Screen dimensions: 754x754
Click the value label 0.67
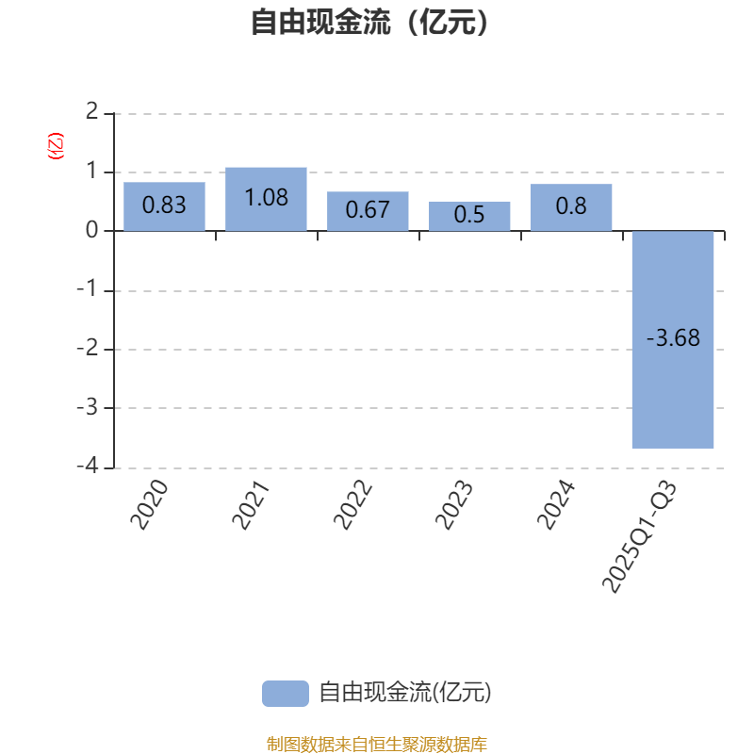click(368, 210)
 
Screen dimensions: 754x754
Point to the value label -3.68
click(673, 338)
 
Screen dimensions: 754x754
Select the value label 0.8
click(571, 205)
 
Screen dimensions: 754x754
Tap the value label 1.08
click(266, 198)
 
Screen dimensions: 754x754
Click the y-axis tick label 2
click(91, 113)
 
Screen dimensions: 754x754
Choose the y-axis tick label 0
click(91, 231)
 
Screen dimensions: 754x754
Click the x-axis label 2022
click(354, 505)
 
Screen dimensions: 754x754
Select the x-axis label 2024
click(557, 505)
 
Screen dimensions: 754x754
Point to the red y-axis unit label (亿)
click(56, 146)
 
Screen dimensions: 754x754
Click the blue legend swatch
click(285, 694)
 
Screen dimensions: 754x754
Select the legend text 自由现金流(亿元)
click(405, 694)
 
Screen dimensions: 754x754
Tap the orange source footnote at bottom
click(376, 745)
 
